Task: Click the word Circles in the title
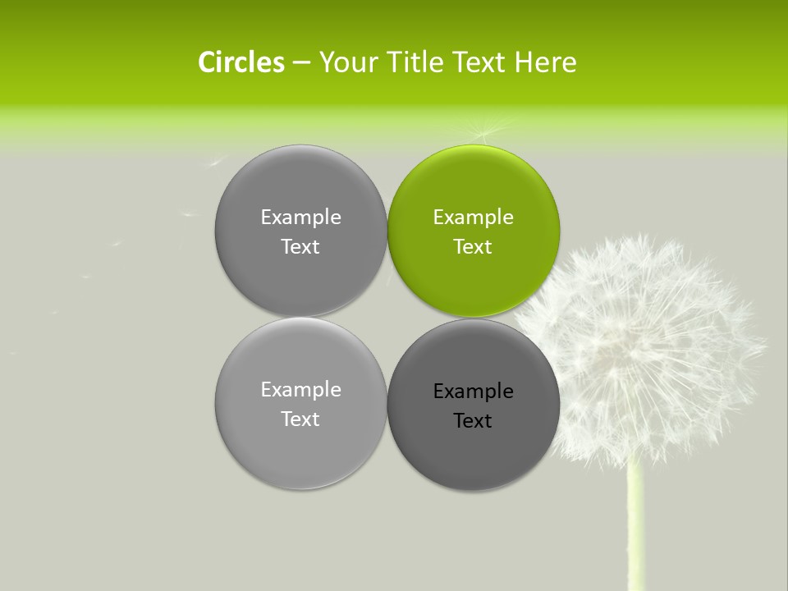click(241, 62)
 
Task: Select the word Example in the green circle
click(473, 218)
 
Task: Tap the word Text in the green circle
click(473, 247)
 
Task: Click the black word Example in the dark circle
click(473, 392)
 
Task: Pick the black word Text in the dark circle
click(473, 421)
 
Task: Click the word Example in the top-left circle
click(300, 218)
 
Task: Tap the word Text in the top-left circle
click(300, 247)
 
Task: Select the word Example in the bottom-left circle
click(300, 390)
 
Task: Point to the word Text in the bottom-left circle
click(300, 419)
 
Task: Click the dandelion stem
click(634, 525)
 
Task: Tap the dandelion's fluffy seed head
click(648, 345)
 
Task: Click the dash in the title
click(301, 62)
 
